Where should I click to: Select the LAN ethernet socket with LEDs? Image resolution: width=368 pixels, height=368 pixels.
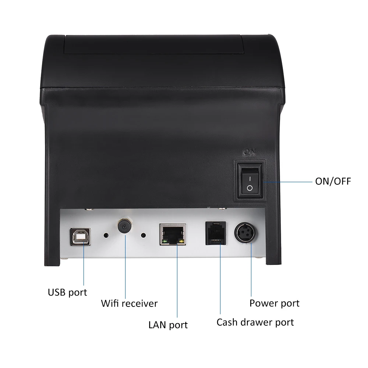(x=172, y=234)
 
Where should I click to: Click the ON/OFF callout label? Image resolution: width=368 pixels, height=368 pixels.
(x=333, y=181)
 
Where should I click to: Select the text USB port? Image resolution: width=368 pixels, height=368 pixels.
(x=68, y=293)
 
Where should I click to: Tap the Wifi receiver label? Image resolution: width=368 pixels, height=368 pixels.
(x=129, y=304)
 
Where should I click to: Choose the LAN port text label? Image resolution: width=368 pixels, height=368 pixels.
(x=168, y=325)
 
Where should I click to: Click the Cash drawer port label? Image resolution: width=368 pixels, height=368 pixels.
(x=255, y=322)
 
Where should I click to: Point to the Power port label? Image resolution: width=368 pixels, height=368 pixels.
(x=274, y=303)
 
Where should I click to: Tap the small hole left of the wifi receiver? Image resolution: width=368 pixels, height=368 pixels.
(x=106, y=235)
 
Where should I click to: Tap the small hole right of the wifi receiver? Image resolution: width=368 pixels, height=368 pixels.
(x=144, y=235)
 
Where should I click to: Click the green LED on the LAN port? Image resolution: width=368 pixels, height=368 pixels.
(x=164, y=242)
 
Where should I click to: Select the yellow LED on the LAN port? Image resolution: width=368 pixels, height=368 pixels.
(x=180, y=242)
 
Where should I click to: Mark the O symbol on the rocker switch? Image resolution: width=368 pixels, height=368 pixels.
(x=250, y=188)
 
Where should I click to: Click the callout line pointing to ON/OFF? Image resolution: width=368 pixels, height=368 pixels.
(x=287, y=181)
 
